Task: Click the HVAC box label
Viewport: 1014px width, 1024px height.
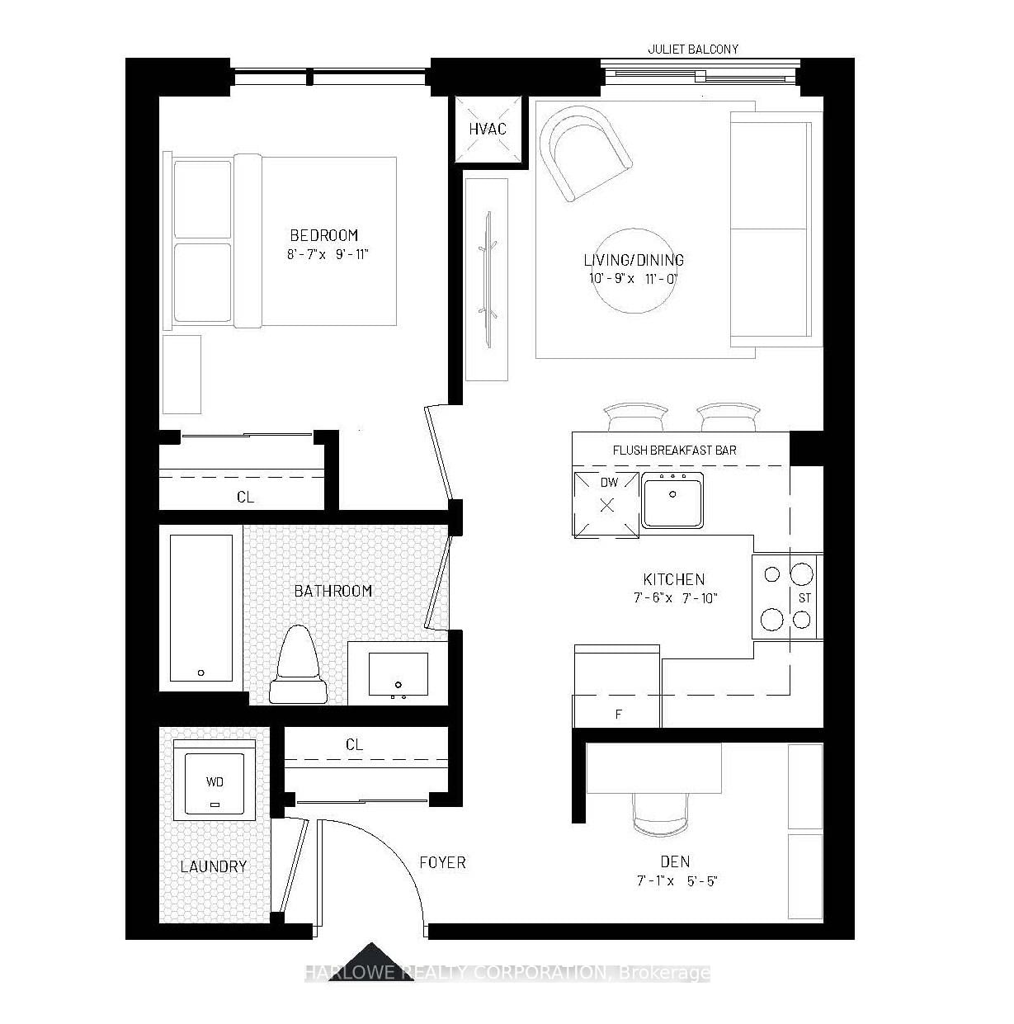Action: point(487,129)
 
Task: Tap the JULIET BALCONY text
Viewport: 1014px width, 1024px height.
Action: point(692,50)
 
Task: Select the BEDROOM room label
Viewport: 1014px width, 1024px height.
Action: point(323,235)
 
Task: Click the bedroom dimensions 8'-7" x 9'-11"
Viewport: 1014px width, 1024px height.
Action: point(328,254)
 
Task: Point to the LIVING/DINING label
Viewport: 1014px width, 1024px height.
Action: point(633,260)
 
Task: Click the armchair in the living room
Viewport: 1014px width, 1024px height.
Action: point(584,153)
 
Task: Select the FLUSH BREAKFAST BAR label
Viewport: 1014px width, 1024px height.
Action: point(674,450)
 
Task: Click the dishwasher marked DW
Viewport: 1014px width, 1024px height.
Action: point(607,503)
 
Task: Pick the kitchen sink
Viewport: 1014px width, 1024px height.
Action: point(672,500)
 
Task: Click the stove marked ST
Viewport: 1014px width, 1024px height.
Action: point(787,597)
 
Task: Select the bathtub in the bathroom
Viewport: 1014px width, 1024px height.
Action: point(201,609)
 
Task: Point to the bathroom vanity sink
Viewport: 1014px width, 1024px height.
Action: point(398,674)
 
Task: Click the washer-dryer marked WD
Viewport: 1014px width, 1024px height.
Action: point(214,780)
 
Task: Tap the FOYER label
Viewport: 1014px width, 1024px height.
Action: point(442,862)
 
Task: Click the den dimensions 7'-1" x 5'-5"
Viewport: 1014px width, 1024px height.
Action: point(677,880)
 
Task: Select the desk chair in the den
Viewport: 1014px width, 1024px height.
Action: point(659,813)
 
